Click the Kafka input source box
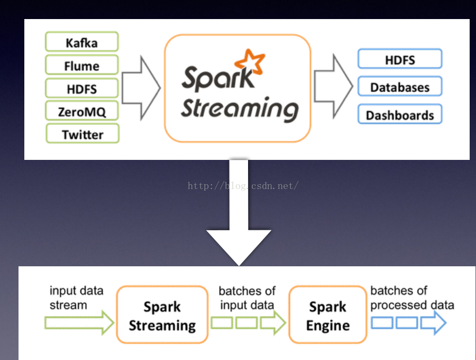coord(82,42)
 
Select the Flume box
coord(82,66)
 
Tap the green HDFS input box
coord(82,88)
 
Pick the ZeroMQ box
coord(82,111)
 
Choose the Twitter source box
coord(82,134)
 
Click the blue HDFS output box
coord(399,59)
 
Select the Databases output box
coord(399,87)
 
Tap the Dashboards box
coord(399,114)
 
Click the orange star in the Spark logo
coord(250,62)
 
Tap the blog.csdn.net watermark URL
coord(243,186)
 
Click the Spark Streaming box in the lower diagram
coord(162,316)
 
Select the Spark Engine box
coord(328,316)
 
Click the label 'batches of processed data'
coord(412,298)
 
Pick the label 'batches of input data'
coord(247,298)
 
